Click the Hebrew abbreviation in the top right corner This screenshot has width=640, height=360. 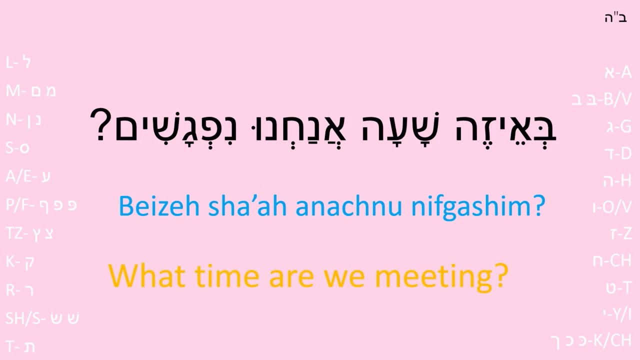tap(615, 18)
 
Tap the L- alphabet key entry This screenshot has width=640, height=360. tap(18, 62)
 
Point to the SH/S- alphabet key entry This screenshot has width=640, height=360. tap(42, 318)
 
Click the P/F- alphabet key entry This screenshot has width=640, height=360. tap(41, 205)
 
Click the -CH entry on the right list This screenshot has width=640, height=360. tap(612, 260)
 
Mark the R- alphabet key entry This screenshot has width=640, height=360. tap(20, 290)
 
